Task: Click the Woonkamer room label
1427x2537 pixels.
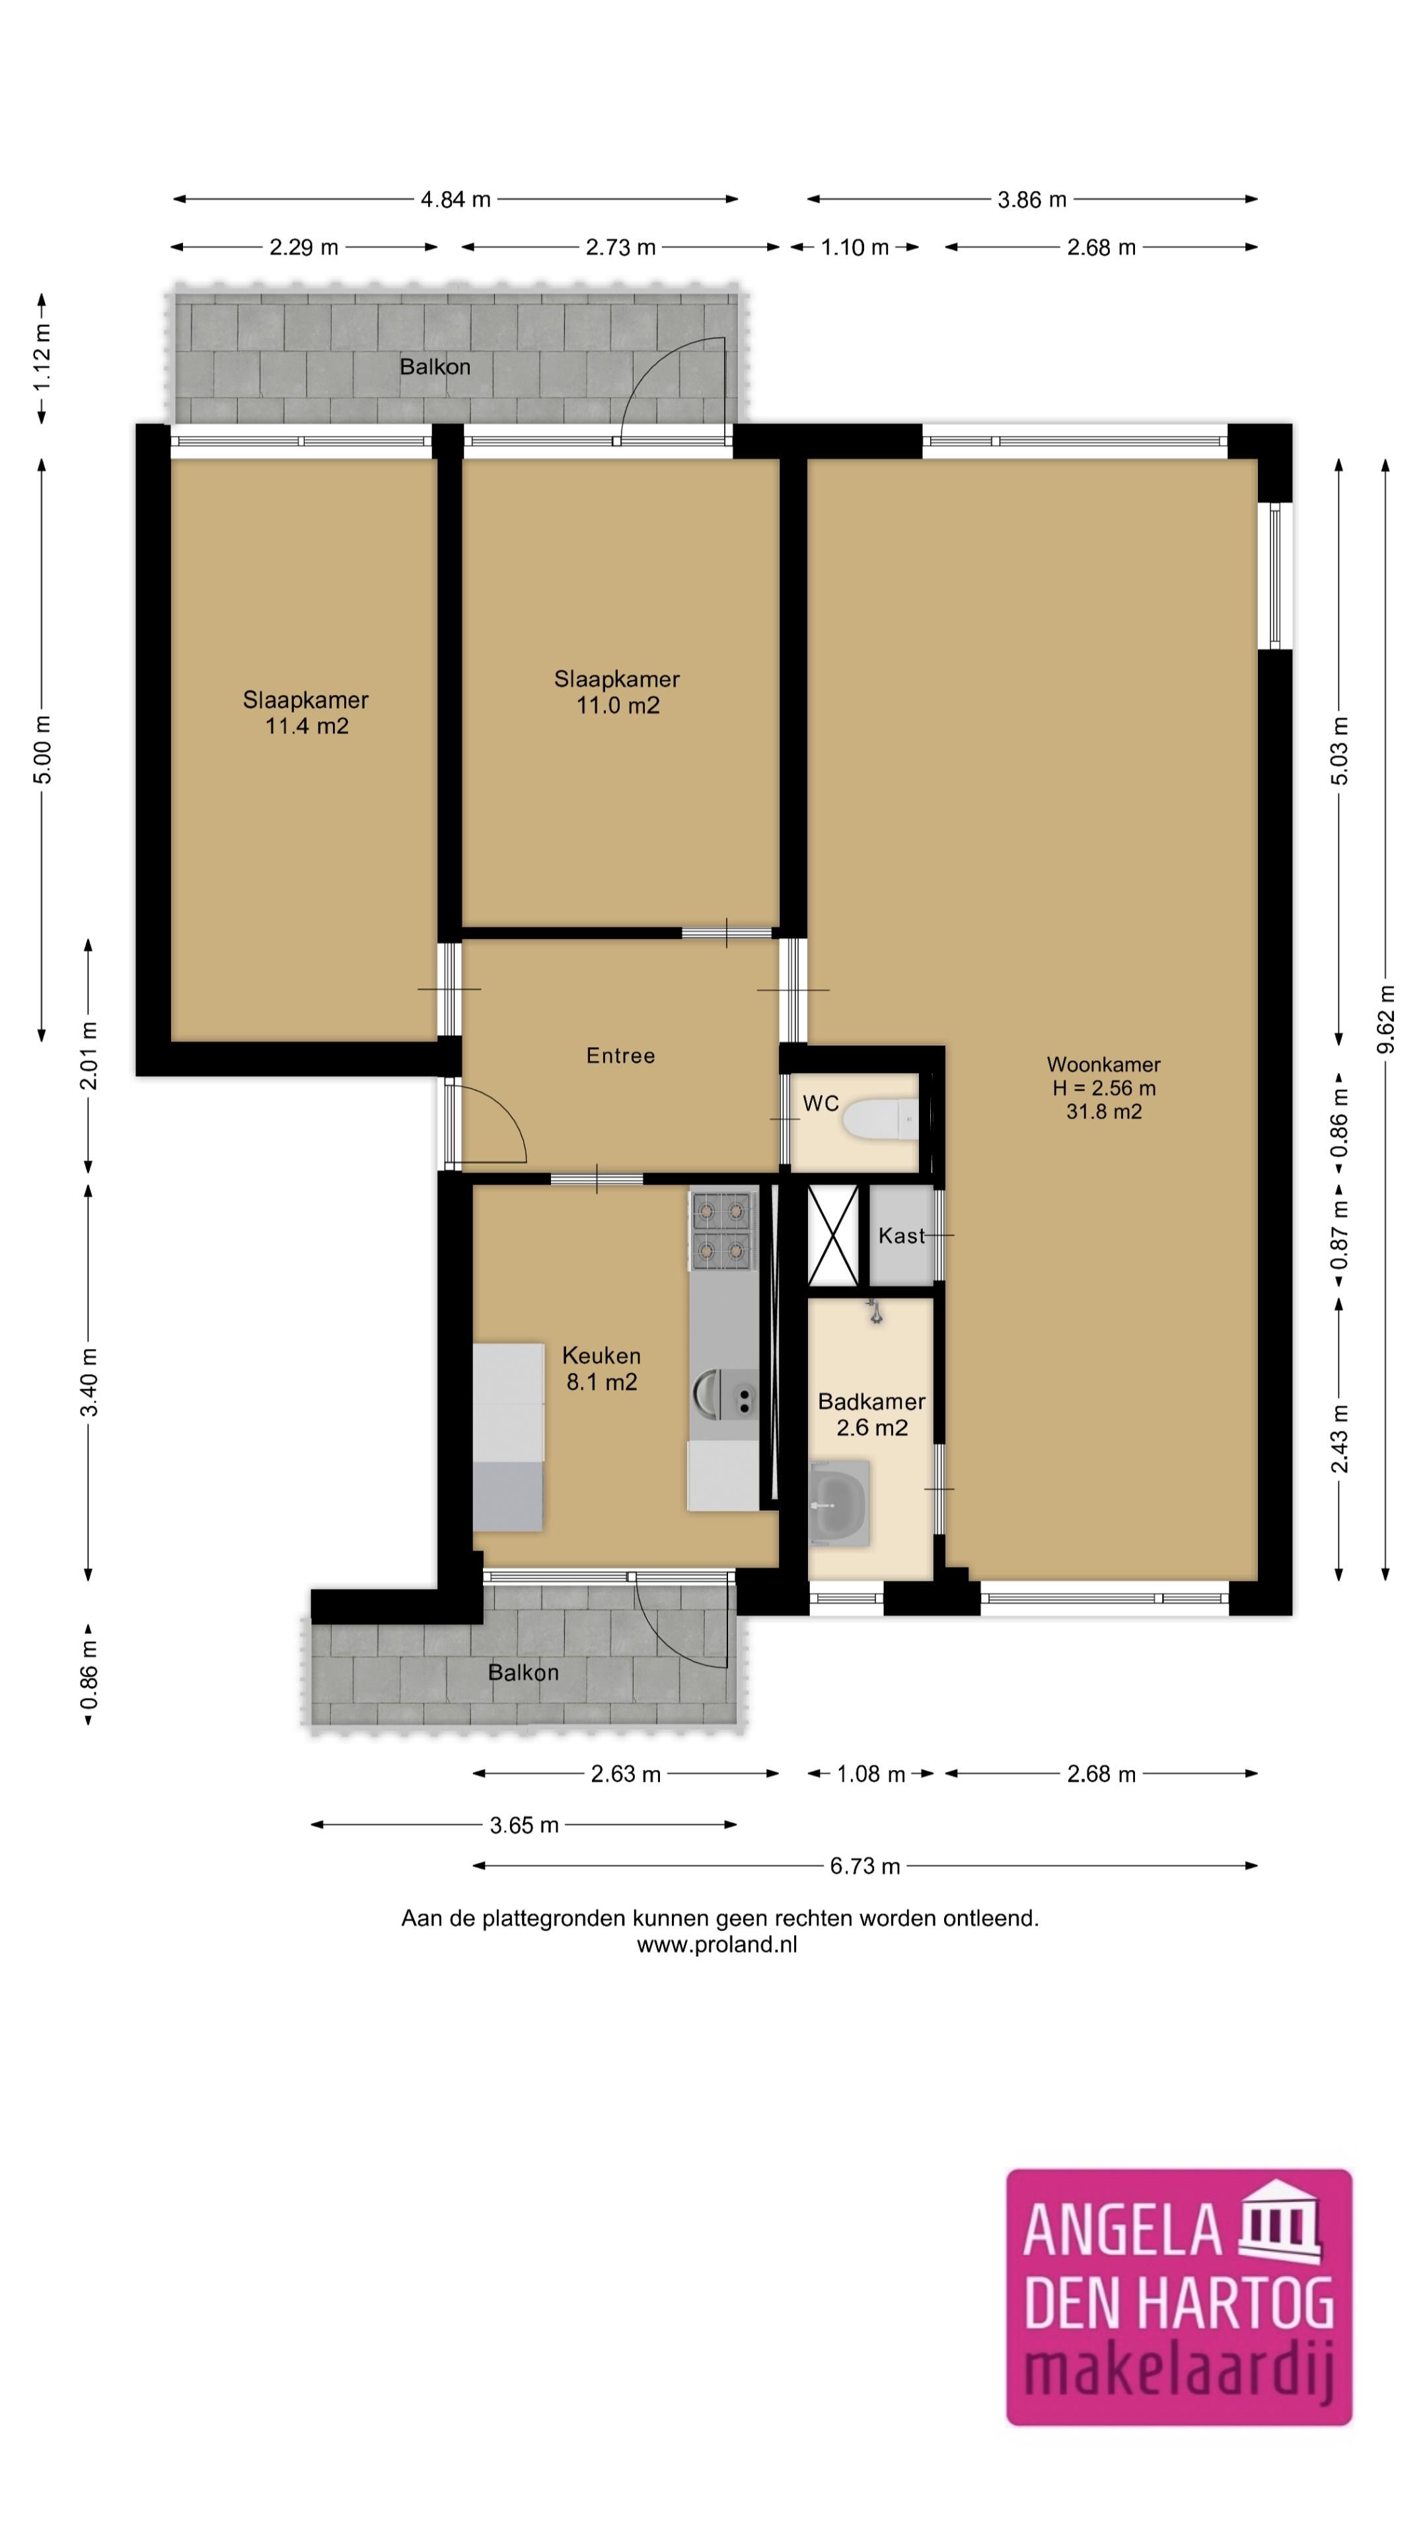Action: [x=1103, y=1064]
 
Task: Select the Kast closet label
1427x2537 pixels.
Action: [x=901, y=1236]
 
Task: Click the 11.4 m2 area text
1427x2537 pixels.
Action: [x=307, y=727]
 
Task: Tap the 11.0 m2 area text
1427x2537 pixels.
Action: [x=618, y=705]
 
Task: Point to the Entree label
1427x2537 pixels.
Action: [x=620, y=1056]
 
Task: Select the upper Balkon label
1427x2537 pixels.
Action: [x=434, y=367]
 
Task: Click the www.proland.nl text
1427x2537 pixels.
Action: [x=717, y=1945]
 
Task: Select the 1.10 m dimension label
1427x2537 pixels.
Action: [x=855, y=247]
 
